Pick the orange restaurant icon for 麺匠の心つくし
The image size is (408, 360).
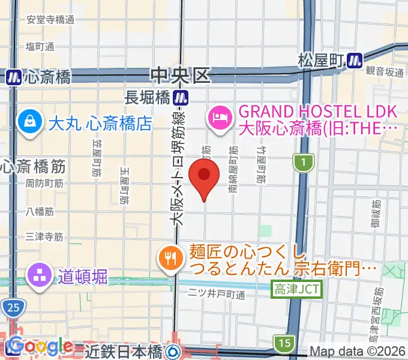(170, 259)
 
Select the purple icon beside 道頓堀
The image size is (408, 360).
(39, 277)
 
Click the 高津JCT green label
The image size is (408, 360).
(298, 289)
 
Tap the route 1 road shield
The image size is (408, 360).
(304, 161)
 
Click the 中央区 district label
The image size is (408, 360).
(181, 75)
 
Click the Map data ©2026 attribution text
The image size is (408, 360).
(358, 352)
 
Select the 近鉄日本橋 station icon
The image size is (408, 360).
(174, 350)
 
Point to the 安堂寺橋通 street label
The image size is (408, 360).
(50, 19)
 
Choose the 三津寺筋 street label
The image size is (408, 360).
(44, 237)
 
